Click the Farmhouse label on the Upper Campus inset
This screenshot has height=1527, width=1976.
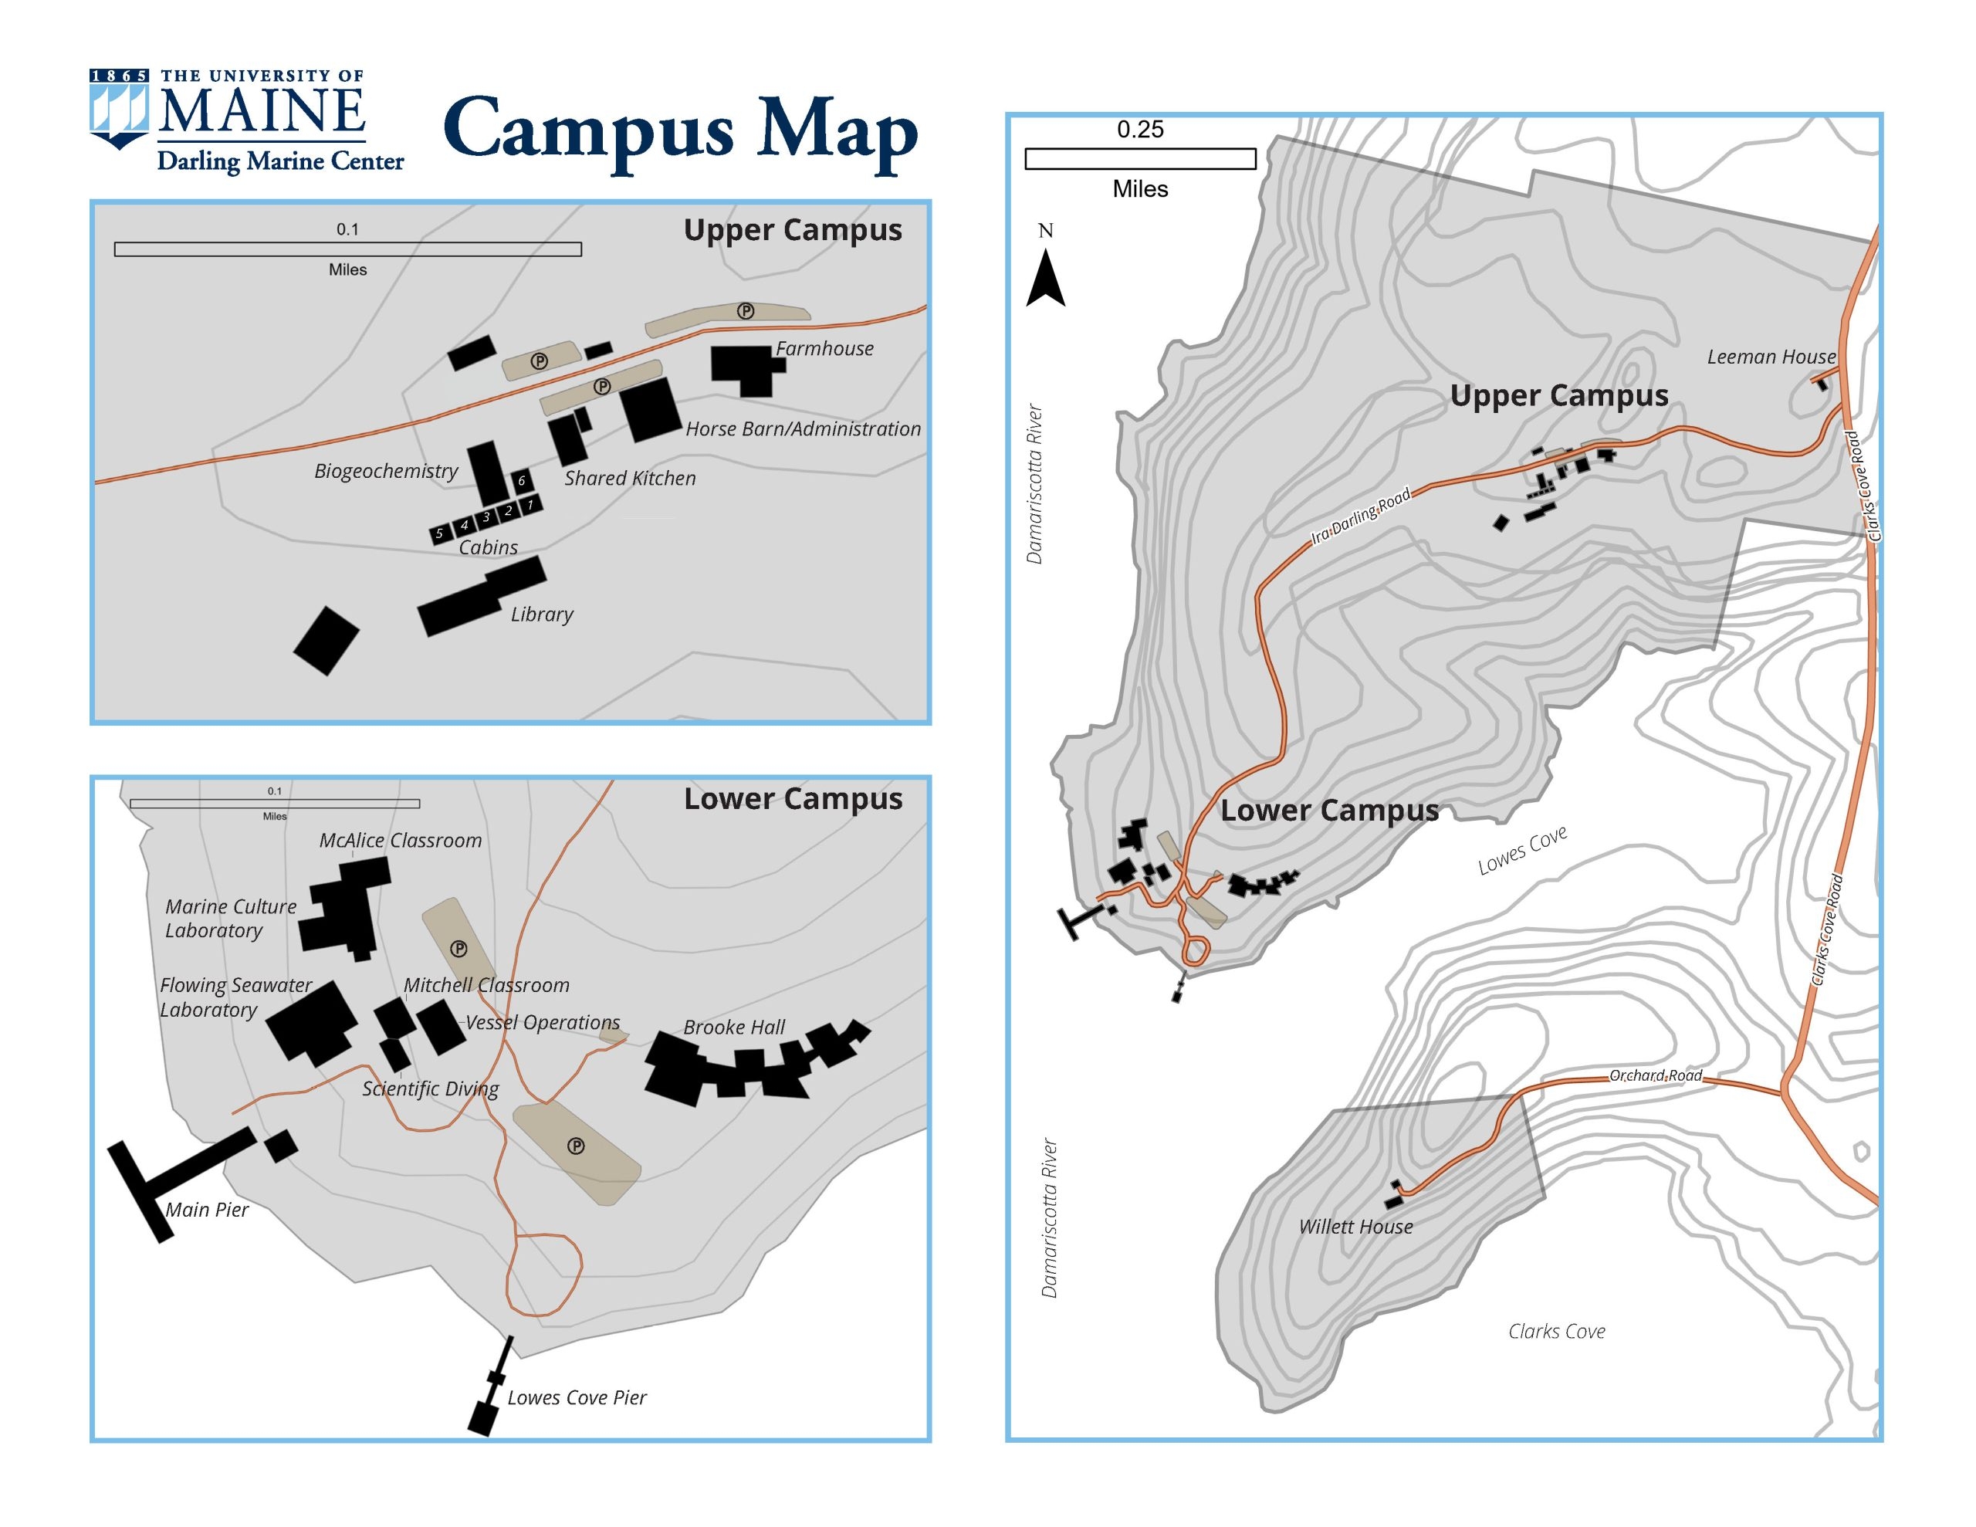click(824, 348)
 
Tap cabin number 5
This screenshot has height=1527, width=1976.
click(440, 534)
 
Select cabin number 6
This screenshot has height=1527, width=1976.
click(521, 481)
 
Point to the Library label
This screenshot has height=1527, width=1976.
click(541, 615)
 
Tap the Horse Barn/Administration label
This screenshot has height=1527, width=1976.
click(803, 429)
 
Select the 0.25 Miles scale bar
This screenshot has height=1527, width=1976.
click(1140, 159)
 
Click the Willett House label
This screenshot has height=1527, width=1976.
click(1355, 1227)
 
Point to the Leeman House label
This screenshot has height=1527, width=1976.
click(1771, 357)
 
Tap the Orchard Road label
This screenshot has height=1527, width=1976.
click(1655, 1075)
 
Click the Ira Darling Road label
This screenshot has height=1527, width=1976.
click(1361, 516)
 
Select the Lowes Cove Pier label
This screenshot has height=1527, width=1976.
click(577, 1397)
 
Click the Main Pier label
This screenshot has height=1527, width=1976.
click(206, 1210)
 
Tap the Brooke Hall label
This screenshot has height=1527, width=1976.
click(734, 1028)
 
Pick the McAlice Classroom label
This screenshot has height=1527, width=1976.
click(400, 841)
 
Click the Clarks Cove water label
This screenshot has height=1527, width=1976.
click(1556, 1332)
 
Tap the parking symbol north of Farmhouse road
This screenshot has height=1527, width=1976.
click(746, 311)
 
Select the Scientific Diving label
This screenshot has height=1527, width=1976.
click(430, 1089)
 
